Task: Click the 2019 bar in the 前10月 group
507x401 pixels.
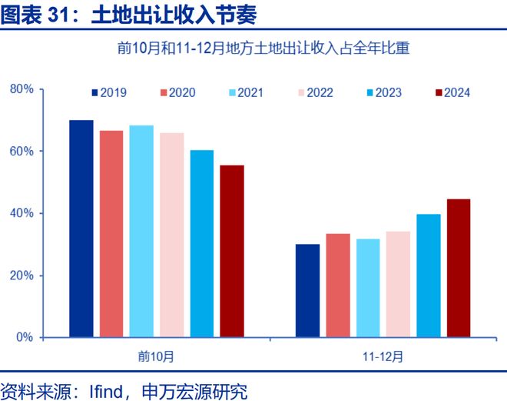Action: coord(81,229)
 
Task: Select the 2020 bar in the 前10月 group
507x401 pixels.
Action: coord(111,234)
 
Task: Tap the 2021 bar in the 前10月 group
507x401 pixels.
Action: coord(141,231)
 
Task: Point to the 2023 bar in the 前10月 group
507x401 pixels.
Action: coord(202,243)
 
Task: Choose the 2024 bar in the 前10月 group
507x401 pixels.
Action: coord(232,251)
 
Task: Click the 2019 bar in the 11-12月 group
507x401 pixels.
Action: coord(307,291)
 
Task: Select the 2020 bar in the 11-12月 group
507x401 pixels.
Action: coord(338,286)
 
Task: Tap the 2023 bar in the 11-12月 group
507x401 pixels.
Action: coord(429,276)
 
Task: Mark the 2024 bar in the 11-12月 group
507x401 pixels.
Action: coord(459,268)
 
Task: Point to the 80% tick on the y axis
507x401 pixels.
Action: coord(22,89)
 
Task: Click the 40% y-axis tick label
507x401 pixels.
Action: coord(22,213)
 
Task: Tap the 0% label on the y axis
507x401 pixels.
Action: coord(25,337)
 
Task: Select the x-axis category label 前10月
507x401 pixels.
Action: coord(157,356)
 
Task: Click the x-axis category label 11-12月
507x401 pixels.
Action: coord(383,356)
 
